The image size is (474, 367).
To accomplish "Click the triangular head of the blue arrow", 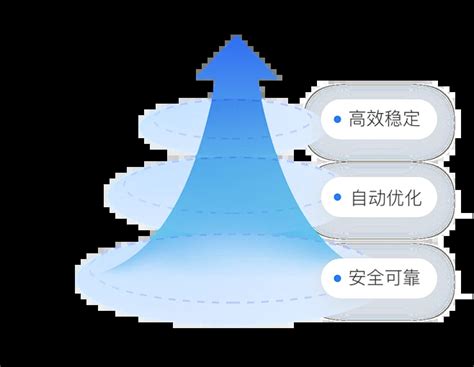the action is [x=238, y=59].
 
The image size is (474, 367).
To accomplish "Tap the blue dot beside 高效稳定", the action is [x=338, y=121].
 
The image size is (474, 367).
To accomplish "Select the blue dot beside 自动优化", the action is [x=338, y=199].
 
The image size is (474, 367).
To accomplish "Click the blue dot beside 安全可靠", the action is [x=338, y=277].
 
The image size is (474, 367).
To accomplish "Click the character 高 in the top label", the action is [x=359, y=121].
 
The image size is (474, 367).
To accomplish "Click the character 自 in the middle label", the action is [x=359, y=199].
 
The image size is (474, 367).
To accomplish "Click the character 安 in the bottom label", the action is [x=359, y=277].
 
